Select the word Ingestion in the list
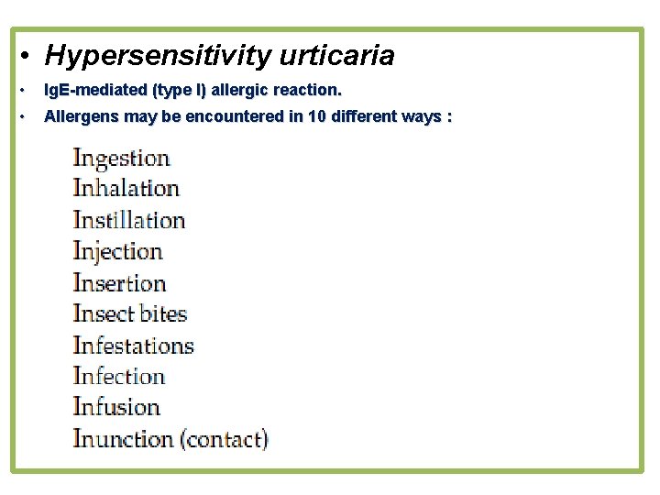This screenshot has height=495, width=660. (x=121, y=159)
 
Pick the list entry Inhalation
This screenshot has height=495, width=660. (x=126, y=189)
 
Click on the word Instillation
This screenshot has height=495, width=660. (x=128, y=220)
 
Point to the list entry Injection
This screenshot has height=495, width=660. (x=117, y=251)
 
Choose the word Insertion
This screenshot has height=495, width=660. (x=119, y=283)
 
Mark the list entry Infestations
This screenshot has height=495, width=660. (x=133, y=346)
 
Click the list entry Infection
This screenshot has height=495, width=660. (x=118, y=377)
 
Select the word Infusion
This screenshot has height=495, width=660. (x=115, y=408)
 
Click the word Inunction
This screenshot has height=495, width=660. (x=123, y=439)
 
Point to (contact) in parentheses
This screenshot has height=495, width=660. (x=225, y=439)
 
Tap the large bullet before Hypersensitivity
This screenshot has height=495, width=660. (x=28, y=57)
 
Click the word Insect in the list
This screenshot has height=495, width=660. (x=104, y=314)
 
